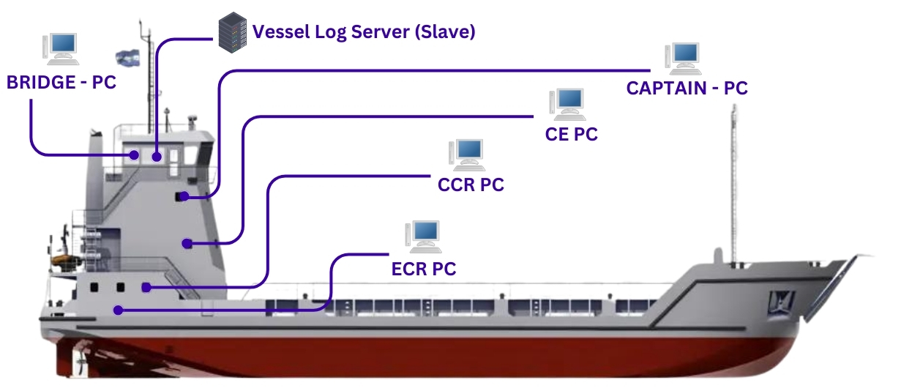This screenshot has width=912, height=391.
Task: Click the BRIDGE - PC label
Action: point(61,82)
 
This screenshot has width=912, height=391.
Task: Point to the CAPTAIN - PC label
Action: point(687,88)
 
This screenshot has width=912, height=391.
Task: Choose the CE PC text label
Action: point(571,135)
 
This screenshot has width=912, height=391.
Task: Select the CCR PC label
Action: point(471,185)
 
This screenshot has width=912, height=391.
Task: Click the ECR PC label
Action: point(424,269)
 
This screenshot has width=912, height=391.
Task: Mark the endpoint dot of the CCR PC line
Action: point(146,288)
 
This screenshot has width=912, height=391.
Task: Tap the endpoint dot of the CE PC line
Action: point(187,243)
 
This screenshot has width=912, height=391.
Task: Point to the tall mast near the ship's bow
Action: point(733,183)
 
